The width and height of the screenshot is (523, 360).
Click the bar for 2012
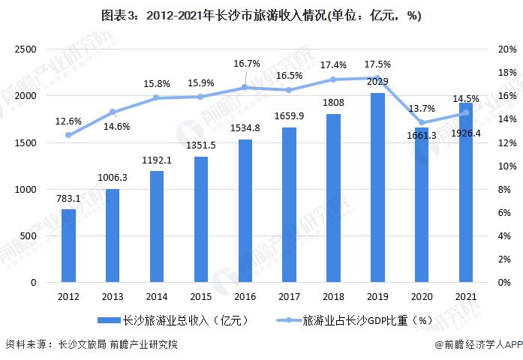click(68, 246)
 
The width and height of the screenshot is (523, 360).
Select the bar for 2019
click(377, 187)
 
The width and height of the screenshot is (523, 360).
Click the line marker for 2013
click(113, 112)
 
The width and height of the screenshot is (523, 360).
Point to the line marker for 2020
click(421, 122)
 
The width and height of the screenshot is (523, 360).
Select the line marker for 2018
click(332, 79)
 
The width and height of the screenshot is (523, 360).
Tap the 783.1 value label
click(68, 199)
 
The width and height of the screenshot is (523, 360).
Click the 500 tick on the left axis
click(32, 236)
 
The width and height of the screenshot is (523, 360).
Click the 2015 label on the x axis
click(200, 296)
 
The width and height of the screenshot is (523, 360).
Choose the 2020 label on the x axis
click(421, 296)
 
